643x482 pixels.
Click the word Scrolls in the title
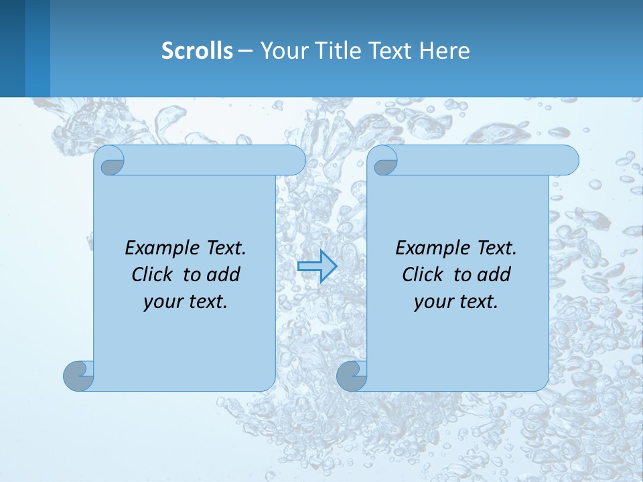click(197, 51)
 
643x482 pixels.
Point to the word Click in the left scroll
click(153, 274)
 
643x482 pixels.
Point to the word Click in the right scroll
click(423, 274)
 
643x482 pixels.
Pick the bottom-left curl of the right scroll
click(352, 376)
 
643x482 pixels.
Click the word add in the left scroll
click(223, 274)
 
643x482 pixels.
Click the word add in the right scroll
click(494, 274)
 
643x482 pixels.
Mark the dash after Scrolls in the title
click(246, 51)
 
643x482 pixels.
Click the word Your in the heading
click(280, 51)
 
